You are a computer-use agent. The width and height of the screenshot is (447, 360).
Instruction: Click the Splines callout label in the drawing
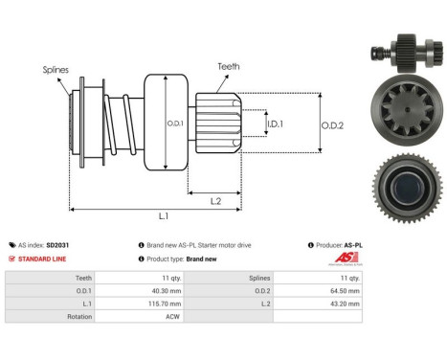pos(55,70)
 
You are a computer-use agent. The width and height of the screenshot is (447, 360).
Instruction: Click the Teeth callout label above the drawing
pos(228,66)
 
